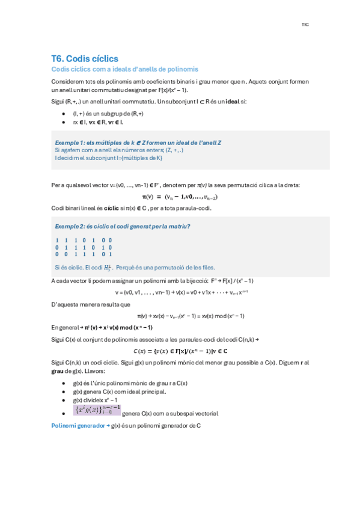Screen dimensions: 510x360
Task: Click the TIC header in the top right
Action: [x=305, y=25]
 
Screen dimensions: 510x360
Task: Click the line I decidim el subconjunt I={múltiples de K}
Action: [x=108, y=158]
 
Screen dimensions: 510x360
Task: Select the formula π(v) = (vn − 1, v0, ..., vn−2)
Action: [x=180, y=196]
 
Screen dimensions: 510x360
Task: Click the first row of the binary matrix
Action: [x=84, y=240]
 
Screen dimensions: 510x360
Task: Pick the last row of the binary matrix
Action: [x=84, y=254]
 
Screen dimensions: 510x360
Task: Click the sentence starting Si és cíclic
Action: [x=134, y=267]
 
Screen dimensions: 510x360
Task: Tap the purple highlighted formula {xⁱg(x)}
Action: [x=96, y=410]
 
